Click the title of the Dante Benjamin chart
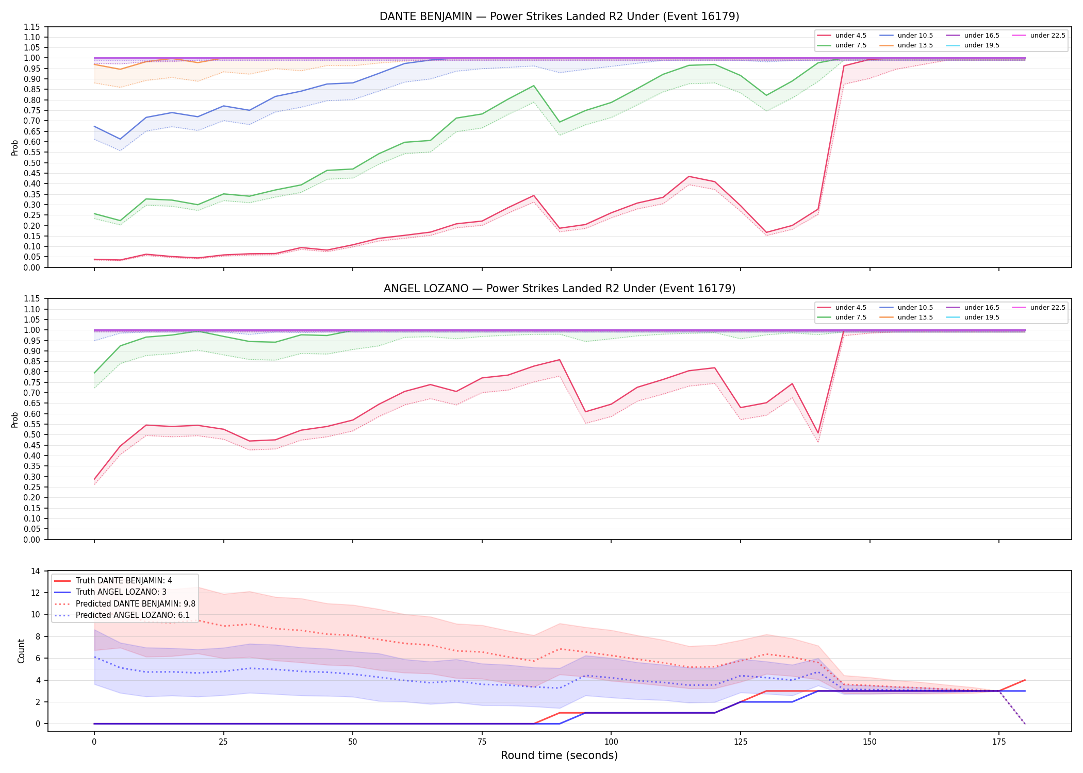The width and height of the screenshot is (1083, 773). pyautogui.click(x=559, y=16)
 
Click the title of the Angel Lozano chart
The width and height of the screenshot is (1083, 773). pyautogui.click(x=559, y=289)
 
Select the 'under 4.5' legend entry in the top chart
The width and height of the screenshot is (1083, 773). pyautogui.click(x=842, y=36)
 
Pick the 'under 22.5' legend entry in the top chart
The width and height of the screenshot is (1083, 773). pyautogui.click(x=1039, y=36)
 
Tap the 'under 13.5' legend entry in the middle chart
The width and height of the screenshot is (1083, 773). pyautogui.click(x=907, y=317)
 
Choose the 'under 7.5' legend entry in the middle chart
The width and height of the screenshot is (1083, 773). pyautogui.click(x=842, y=317)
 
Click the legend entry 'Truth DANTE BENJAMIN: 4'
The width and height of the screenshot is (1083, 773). pyautogui.click(x=113, y=581)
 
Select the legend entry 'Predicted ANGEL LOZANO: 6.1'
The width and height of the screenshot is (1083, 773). pyautogui.click(x=122, y=615)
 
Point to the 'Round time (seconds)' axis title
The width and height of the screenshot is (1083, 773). pyautogui.click(x=559, y=755)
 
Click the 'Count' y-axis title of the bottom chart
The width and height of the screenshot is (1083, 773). pyautogui.click(x=21, y=651)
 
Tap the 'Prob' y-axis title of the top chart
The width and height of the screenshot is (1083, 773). pyautogui.click(x=15, y=148)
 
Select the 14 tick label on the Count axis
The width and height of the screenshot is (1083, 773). pyautogui.click(x=36, y=571)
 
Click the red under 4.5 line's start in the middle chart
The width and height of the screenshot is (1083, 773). pyautogui.click(x=94, y=479)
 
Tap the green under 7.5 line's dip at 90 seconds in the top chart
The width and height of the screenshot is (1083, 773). pyautogui.click(x=560, y=122)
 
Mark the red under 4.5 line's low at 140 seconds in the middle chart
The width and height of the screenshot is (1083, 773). pyautogui.click(x=818, y=433)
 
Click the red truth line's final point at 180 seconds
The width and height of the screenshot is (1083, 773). pyautogui.click(x=1025, y=680)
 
